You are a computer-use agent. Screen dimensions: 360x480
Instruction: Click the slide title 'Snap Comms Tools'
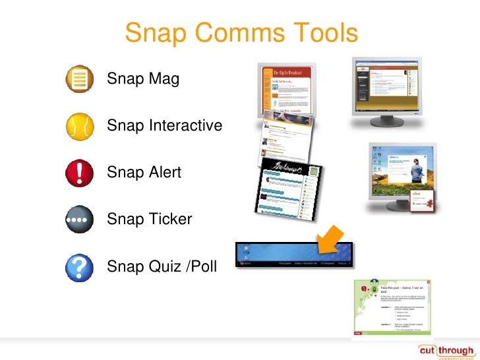tap(241, 34)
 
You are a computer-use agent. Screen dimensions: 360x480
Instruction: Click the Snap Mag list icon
tap(80, 80)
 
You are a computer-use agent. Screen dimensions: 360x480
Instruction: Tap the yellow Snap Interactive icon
tap(80, 125)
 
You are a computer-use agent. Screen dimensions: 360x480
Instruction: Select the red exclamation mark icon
tap(80, 172)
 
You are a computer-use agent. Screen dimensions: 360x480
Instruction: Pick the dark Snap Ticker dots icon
tap(80, 218)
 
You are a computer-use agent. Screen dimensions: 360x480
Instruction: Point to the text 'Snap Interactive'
tap(164, 125)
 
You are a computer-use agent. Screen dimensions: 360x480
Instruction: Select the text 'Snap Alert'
tap(144, 172)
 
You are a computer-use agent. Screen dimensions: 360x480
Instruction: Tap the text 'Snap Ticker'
tap(149, 218)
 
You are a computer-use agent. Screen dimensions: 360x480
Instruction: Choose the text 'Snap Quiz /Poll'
tap(161, 266)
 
